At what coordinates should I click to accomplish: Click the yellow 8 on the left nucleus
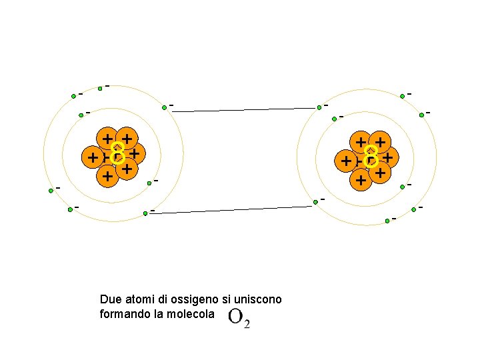118,153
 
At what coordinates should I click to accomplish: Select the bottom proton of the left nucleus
105,177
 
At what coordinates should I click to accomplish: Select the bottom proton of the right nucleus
361,179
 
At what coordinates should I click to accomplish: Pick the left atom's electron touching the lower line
145,213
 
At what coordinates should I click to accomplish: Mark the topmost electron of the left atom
100,87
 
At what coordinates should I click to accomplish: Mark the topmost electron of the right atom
402,96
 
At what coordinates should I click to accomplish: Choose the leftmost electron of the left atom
51,191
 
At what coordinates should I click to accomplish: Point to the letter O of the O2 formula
235,317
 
